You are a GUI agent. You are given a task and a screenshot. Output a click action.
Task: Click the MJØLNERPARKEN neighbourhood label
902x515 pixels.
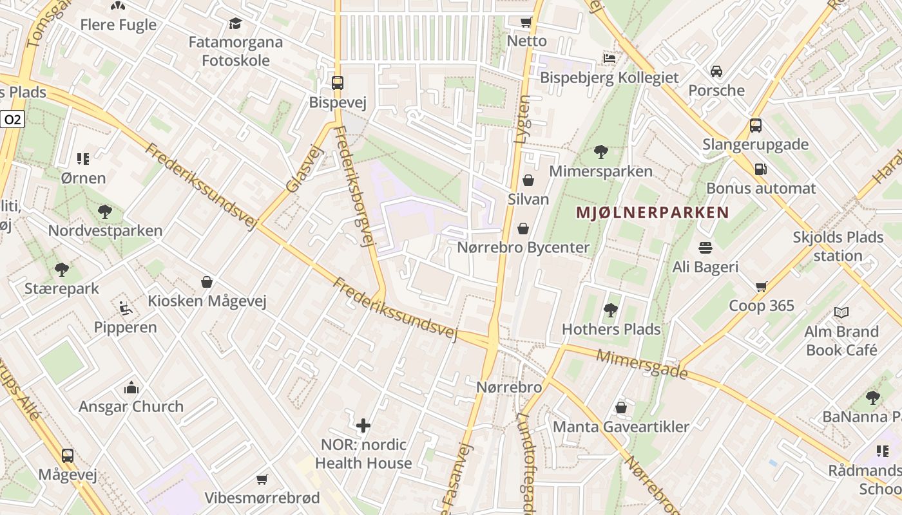tap(652, 212)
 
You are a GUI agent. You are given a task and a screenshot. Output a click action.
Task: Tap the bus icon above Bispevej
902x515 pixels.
tap(337, 82)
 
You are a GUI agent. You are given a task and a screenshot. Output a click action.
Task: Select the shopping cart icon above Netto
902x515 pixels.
tap(526, 22)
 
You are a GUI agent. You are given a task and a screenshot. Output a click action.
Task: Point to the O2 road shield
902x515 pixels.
tap(13, 119)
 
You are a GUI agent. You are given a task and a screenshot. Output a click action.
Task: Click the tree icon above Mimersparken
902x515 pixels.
tap(600, 152)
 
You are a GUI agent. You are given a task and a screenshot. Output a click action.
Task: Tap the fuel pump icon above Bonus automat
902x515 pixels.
tap(761, 169)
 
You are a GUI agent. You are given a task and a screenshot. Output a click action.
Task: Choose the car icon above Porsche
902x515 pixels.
tap(716, 71)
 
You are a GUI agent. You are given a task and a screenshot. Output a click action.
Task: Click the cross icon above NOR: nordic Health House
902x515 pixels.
tap(363, 426)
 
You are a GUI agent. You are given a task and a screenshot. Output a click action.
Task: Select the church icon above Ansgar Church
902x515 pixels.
tap(131, 388)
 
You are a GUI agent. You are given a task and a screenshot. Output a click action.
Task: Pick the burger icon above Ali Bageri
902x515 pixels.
tap(705, 248)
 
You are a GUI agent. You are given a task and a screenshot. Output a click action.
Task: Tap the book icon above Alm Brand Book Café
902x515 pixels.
tap(841, 313)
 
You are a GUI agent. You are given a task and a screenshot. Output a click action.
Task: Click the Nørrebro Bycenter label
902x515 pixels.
tap(523, 247)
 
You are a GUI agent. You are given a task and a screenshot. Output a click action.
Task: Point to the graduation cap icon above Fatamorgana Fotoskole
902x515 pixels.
tap(235, 24)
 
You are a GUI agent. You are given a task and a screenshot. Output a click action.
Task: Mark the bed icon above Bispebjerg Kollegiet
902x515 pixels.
tap(609, 59)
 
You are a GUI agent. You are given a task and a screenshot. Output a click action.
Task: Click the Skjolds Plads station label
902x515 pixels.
tap(838, 246)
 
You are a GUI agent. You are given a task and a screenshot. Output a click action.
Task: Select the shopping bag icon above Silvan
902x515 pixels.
tap(528, 180)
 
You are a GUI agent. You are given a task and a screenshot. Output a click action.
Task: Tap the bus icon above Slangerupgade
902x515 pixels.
tap(755, 126)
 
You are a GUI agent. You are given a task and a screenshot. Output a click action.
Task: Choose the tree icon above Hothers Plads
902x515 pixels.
tap(610, 311)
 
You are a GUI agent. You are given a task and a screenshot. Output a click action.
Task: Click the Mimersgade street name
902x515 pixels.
tap(642, 364)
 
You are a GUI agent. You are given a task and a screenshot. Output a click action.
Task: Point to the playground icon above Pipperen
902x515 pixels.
tap(126, 308)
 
